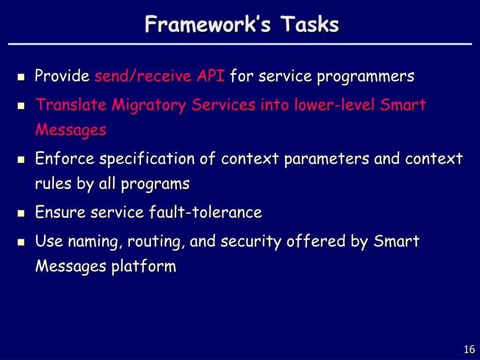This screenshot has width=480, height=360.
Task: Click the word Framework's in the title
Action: (x=208, y=24)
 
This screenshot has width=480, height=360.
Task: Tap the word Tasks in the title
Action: (x=310, y=24)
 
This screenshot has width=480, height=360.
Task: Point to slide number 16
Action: (x=469, y=349)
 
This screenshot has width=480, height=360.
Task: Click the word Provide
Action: (x=62, y=75)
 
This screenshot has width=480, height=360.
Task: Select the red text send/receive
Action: (x=143, y=76)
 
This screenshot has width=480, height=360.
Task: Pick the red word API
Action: (x=210, y=75)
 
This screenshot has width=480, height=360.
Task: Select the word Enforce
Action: (x=65, y=158)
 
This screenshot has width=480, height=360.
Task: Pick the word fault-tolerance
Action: (x=205, y=212)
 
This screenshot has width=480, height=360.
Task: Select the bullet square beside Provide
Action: (x=21, y=77)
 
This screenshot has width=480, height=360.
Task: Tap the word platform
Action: (x=143, y=266)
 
